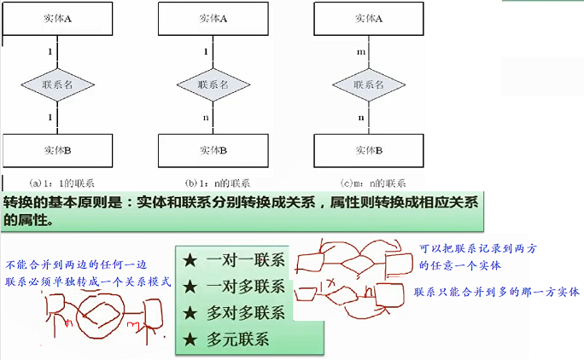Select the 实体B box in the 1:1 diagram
click(x=56, y=150)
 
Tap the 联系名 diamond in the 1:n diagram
click(x=213, y=84)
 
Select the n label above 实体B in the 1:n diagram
click(x=206, y=117)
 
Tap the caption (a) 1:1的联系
click(x=61, y=182)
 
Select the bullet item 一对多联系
click(x=246, y=287)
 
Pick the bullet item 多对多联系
click(x=246, y=312)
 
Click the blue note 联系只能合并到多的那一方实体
click(x=497, y=292)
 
